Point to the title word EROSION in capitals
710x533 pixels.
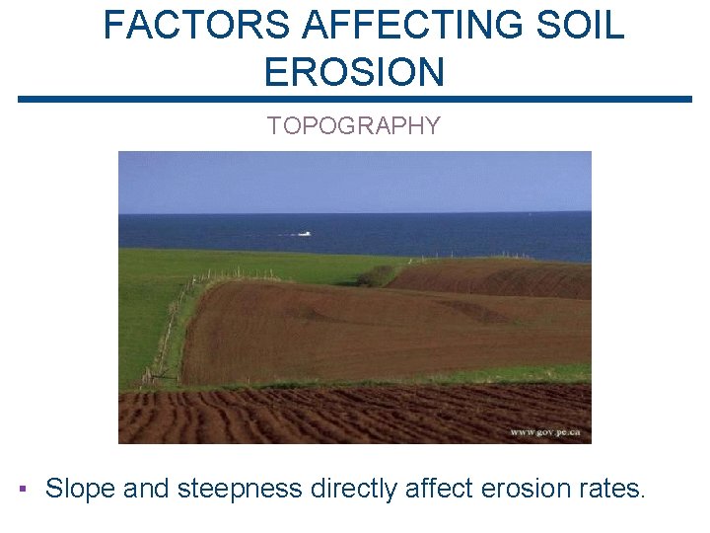coord(354,71)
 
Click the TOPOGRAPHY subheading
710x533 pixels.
coord(354,126)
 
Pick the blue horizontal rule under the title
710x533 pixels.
coord(355,99)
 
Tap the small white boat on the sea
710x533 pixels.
coord(304,234)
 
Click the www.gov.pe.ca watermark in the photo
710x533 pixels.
coord(544,432)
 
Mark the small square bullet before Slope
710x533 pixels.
coord(23,488)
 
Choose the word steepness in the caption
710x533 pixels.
coord(240,488)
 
